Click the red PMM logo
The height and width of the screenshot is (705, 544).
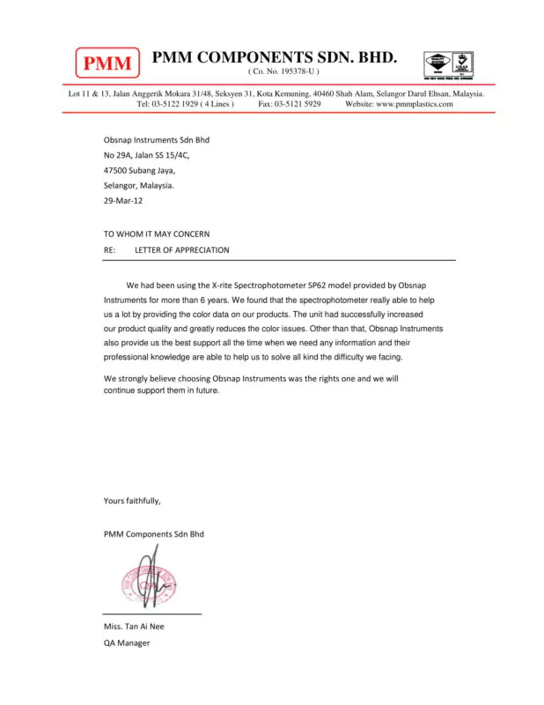[x=107, y=63]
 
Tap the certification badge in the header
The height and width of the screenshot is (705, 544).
[x=452, y=65]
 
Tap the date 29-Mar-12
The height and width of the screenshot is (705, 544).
[x=123, y=201]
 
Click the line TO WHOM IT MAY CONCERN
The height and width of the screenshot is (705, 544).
[x=157, y=234]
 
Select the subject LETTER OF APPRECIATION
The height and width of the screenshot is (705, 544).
[x=182, y=249]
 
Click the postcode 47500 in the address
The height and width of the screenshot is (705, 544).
[x=116, y=170]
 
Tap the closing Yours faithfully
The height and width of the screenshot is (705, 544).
[x=132, y=501]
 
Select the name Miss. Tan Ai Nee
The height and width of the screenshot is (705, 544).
[x=134, y=627]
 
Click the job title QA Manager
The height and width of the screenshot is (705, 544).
[x=127, y=642]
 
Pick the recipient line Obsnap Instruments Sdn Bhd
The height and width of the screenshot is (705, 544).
[x=157, y=139]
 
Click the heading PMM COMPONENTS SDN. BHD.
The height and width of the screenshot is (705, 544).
[x=275, y=58]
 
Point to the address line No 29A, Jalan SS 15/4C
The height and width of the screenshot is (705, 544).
[x=147, y=155]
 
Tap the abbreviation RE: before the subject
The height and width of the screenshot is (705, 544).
[x=110, y=249]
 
